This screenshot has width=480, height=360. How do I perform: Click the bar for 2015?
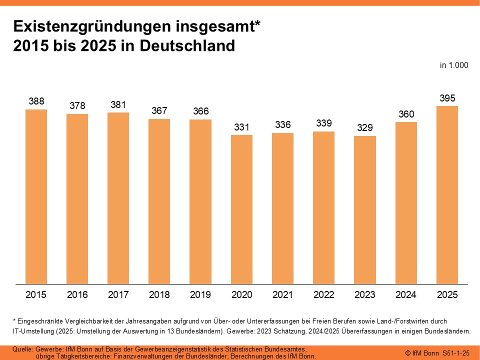36,196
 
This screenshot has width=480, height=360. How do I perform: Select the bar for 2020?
241,209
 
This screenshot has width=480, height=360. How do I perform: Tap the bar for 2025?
447,194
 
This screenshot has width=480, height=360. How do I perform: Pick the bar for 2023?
365,209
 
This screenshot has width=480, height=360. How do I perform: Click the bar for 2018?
159,201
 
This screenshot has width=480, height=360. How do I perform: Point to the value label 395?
447,98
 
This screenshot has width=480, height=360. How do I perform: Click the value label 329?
365,128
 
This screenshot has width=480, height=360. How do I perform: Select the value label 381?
118,104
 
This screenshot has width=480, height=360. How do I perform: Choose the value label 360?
406,114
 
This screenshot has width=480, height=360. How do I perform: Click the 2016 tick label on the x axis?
77,295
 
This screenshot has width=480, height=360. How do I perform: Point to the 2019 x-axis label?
200,295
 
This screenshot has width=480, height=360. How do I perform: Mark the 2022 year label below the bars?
324,295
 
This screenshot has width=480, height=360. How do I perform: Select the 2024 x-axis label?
406,295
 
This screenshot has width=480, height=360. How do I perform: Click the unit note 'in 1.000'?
454,65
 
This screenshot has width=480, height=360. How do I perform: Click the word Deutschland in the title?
187,45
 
